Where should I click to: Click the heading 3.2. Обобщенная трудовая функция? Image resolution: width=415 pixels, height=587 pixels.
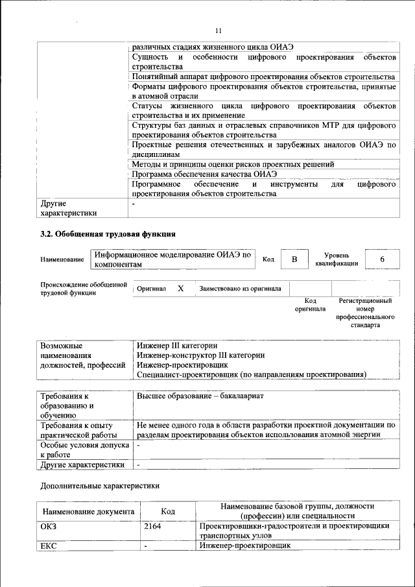click(x=108, y=234)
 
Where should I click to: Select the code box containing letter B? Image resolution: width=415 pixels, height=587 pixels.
click(x=294, y=259)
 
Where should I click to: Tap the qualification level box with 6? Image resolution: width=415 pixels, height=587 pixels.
click(x=382, y=259)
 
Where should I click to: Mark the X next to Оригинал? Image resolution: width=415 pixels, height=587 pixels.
click(x=181, y=288)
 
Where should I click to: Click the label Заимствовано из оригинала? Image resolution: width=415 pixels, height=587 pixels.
click(x=240, y=289)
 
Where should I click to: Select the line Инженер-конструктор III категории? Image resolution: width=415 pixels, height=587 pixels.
click(x=200, y=355)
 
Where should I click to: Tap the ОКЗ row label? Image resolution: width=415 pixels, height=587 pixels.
click(x=49, y=526)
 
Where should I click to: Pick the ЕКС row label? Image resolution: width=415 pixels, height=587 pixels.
click(x=49, y=545)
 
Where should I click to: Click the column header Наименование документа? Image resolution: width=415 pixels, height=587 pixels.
click(x=88, y=511)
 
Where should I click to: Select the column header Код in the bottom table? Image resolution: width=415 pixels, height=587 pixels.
click(x=168, y=511)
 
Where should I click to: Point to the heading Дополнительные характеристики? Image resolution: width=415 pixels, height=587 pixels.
click(x=99, y=485)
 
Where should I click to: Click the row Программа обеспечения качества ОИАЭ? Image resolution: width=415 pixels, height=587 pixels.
click(x=204, y=174)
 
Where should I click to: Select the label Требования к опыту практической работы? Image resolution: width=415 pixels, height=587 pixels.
click(x=78, y=430)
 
